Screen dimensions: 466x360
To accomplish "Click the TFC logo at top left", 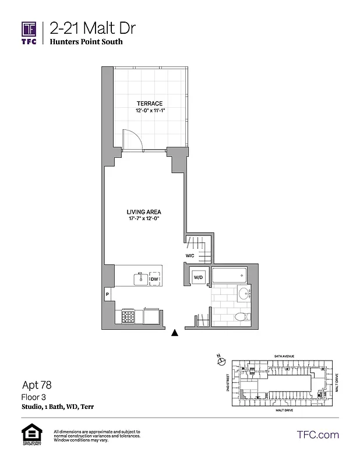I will point(29,33).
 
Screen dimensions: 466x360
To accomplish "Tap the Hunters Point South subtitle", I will point(86,42).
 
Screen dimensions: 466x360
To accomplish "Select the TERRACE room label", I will point(150,103).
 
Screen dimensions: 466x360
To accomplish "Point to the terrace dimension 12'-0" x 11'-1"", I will point(150,110).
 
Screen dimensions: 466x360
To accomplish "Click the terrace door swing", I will point(130,139).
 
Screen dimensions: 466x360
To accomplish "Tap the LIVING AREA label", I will point(144,211).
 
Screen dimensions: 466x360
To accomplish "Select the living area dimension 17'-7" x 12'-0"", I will point(144,218).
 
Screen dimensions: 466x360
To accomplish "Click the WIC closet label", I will point(189,255).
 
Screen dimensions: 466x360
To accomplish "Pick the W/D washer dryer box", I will point(198,277).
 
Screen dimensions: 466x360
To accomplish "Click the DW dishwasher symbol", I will point(154,280).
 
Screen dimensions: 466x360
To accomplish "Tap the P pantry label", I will point(108,295).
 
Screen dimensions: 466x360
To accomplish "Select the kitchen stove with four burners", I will point(129,316).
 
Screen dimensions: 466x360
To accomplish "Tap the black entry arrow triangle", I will point(174,333).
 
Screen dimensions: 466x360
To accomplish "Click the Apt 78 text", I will point(34,385).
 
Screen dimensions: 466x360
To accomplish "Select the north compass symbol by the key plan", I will point(220,361).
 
